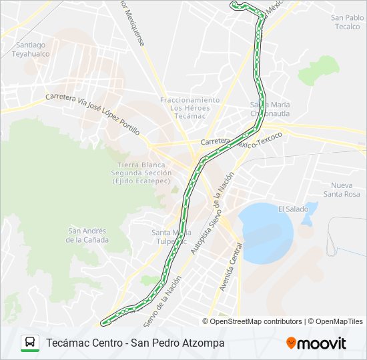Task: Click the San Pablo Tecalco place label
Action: [x=347, y=22]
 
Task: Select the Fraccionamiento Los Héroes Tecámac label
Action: [x=190, y=107]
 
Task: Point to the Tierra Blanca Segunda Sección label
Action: [x=144, y=173]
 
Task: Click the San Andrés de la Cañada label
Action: [x=83, y=235]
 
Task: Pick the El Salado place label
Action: [x=293, y=209]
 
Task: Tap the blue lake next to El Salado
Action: [x=266, y=232]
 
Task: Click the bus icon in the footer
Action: [x=30, y=343]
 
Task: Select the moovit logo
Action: [x=316, y=343]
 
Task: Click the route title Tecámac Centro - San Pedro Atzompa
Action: [x=135, y=343]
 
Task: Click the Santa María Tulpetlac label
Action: [x=171, y=237]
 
